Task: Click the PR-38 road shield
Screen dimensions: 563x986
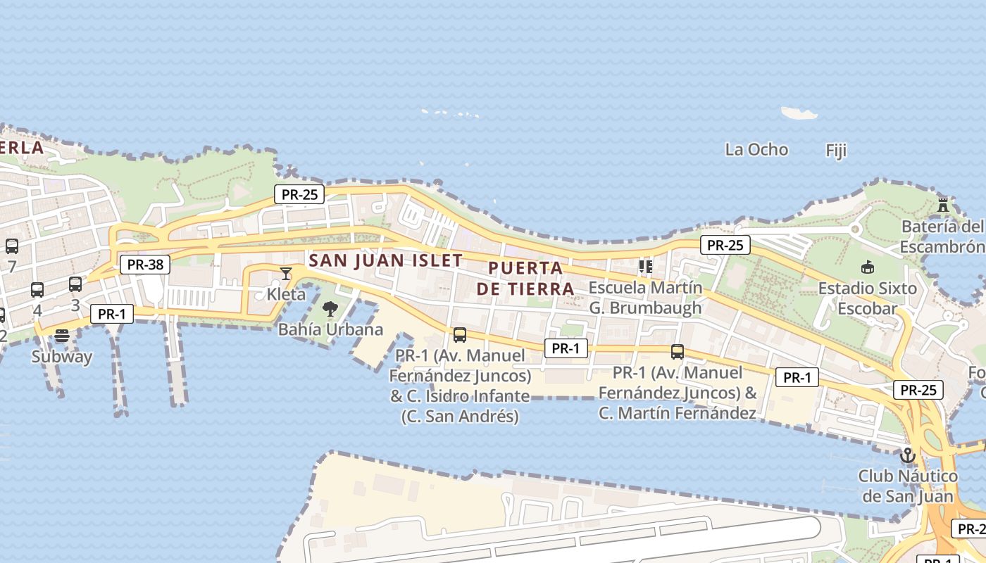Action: pos(145,265)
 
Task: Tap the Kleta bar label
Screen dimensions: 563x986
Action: pos(286,293)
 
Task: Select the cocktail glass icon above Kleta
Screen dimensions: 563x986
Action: pos(286,273)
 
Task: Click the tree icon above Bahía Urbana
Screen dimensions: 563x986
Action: pos(330,308)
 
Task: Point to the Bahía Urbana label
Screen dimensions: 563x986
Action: pos(330,329)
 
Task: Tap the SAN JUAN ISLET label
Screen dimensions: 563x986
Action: pos(386,260)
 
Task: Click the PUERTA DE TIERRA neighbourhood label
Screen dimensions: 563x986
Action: pos(525,278)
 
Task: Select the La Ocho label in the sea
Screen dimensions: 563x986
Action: pos(756,149)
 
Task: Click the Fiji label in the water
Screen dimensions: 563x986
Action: pos(836,151)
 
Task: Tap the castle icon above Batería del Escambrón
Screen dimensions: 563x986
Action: pos(943,205)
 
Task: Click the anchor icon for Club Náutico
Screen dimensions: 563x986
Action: pos(908,455)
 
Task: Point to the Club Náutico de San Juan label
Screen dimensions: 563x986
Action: pos(908,486)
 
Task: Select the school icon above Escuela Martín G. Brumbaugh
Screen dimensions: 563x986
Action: pos(645,266)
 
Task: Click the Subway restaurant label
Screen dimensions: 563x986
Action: pos(62,356)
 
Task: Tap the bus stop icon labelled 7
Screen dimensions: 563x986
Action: pos(12,246)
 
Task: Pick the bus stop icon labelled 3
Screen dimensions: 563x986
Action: pos(75,284)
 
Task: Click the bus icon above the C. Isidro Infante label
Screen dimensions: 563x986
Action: pos(460,335)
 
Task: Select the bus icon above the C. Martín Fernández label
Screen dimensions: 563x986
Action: pos(678,351)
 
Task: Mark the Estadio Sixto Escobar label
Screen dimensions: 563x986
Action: pos(867,298)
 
